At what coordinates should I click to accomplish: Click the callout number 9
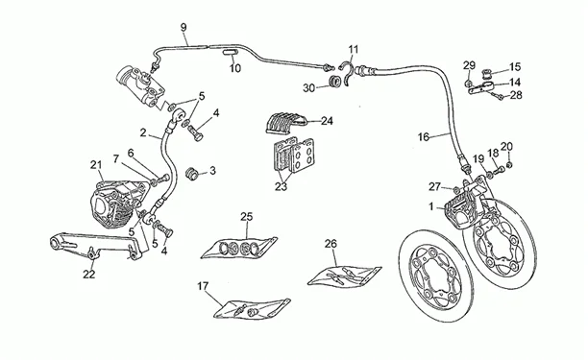coord(184,27)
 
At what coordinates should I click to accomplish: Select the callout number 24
coord(327,121)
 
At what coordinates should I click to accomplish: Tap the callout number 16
coord(424,137)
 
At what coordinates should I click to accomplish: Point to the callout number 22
coord(89,275)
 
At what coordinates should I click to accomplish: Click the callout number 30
coord(309,88)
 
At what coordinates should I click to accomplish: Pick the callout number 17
coord(203,287)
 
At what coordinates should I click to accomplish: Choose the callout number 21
coord(96,164)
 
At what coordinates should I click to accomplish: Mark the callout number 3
coord(212,171)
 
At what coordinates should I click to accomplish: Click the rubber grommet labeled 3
coord(192,174)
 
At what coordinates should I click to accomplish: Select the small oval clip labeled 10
coord(230,52)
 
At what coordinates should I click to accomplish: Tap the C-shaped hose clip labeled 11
coord(347,73)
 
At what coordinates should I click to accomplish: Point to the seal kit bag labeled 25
coord(239,248)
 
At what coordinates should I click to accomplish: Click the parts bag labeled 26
coord(344,276)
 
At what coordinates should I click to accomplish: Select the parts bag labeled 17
coord(252,309)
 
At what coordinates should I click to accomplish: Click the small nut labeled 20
coord(509,165)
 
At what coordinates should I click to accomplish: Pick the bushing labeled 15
coord(487,72)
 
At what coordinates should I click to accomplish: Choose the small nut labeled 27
coord(455,187)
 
